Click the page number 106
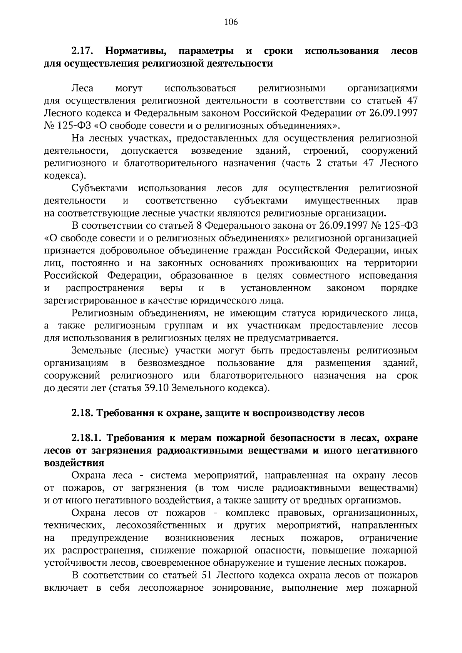pos(231,22)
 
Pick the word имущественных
pos(341,201)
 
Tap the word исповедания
pos(388,276)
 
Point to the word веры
pos(171,288)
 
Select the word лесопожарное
pos(171,588)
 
